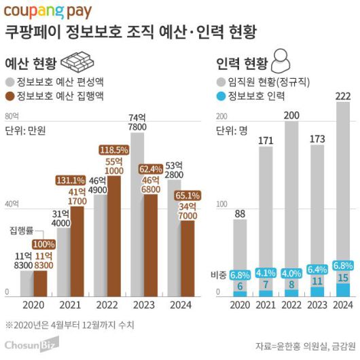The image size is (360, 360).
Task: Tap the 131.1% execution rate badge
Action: (x=70, y=180)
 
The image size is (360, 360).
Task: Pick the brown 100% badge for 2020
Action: (x=43, y=244)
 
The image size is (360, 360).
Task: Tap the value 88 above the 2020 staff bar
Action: (x=239, y=214)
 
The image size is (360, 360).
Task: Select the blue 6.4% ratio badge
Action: (x=317, y=269)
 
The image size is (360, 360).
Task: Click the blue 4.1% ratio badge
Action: (x=265, y=273)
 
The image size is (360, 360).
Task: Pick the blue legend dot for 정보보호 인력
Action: (x=221, y=94)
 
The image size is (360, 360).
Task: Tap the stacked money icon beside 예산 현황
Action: (x=77, y=62)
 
